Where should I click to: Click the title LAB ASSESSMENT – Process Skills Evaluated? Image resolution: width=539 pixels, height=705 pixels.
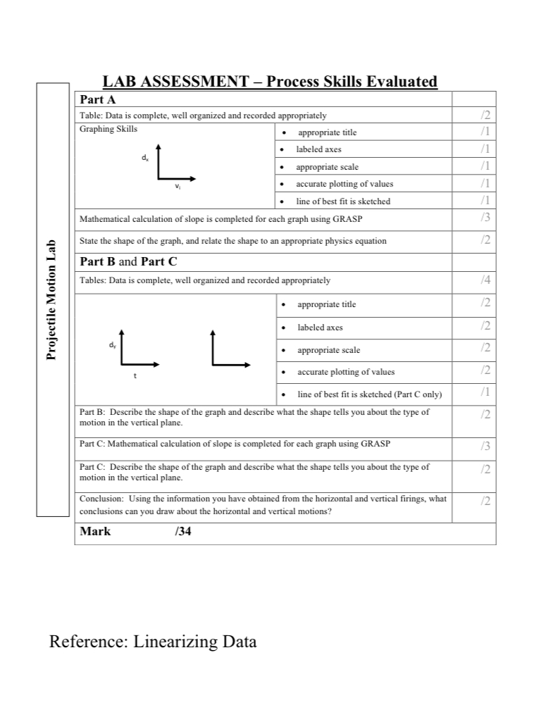point(270,82)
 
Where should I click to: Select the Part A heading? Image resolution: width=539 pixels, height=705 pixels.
point(97,99)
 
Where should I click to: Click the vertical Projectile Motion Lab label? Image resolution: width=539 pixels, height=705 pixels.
point(51,299)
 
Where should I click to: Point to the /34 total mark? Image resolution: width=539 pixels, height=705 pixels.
point(182,531)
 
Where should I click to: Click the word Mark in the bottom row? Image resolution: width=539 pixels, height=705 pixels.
point(95,531)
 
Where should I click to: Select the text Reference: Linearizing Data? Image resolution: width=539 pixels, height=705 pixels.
point(153,642)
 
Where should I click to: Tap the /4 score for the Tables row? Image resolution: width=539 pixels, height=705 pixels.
point(484,281)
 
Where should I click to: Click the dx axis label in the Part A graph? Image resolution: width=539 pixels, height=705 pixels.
point(144,159)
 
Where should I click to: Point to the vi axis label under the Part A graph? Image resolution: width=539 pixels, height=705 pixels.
point(178,187)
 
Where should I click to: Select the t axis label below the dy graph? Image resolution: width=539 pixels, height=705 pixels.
point(135,376)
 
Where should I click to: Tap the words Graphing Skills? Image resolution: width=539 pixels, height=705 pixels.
point(109,129)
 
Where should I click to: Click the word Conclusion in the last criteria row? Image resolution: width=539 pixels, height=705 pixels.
point(101,499)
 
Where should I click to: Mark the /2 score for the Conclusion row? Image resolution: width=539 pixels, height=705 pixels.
point(484,501)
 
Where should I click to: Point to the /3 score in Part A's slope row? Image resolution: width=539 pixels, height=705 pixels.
point(484,218)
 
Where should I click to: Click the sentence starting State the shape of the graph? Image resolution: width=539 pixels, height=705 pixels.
point(233,241)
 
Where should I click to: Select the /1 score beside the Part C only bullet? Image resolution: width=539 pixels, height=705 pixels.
point(484,392)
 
